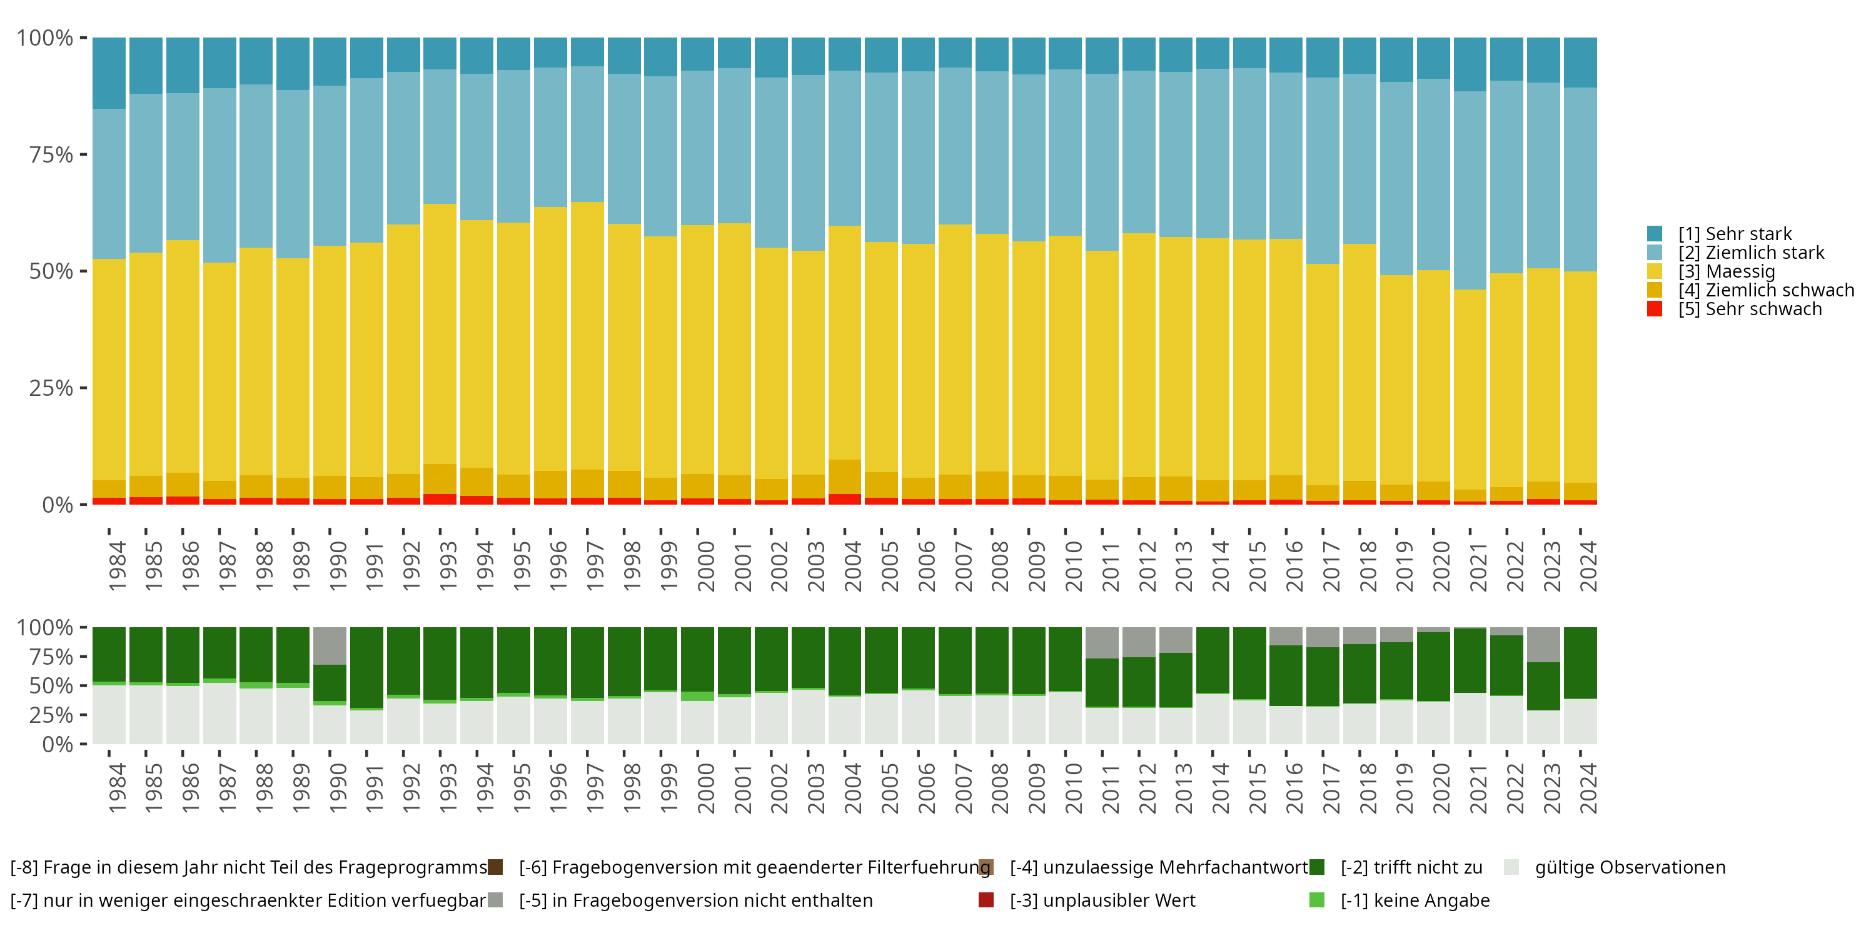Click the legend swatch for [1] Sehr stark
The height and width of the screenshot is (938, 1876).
point(1655,234)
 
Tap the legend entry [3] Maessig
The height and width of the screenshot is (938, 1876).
point(1726,271)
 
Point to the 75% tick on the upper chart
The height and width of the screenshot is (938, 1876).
point(83,154)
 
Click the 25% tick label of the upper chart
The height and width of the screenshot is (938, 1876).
point(51,388)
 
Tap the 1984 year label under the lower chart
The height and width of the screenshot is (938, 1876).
point(116,788)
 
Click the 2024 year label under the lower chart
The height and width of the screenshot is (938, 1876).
point(1588,788)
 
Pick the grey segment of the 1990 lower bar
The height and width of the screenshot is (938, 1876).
point(330,645)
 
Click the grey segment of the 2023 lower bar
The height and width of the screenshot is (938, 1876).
point(1543,645)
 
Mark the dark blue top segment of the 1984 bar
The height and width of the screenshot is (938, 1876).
point(109,73)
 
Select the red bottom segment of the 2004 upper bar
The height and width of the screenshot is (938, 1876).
point(845,500)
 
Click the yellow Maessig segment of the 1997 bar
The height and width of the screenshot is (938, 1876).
point(588,335)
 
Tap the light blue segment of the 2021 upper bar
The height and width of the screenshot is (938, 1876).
point(1470,190)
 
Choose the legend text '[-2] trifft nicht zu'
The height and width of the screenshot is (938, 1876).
point(1411,867)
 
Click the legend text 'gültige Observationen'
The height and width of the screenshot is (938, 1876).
point(1630,867)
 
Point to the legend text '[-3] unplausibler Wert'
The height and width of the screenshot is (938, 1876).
point(1102,900)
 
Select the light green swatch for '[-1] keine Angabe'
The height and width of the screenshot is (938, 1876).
point(1317,900)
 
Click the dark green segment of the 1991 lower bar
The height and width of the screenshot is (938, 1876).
point(367,667)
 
